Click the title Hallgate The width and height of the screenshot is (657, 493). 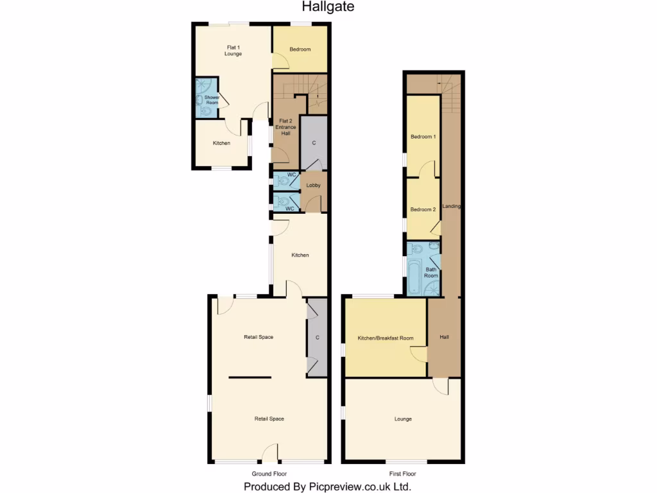[328, 7]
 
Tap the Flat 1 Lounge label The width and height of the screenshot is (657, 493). [233, 50]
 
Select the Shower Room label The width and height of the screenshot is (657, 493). [212, 99]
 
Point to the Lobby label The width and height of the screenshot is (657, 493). [313, 186]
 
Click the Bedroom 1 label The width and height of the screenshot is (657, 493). [423, 137]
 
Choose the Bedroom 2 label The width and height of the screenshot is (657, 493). [423, 209]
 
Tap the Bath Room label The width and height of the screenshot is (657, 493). [431, 272]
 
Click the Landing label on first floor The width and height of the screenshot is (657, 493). [452, 206]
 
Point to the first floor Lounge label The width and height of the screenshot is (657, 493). [403, 419]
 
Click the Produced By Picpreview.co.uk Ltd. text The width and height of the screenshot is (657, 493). [327, 487]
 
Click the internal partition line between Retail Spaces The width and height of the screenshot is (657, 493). [250, 377]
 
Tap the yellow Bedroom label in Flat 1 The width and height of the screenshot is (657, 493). [300, 49]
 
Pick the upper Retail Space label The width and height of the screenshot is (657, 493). [259, 337]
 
